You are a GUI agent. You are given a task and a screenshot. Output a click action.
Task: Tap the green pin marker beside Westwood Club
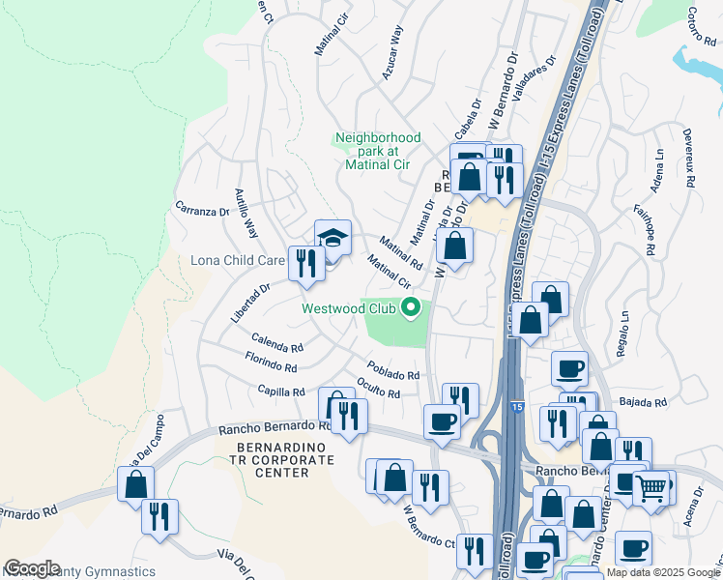[411, 308]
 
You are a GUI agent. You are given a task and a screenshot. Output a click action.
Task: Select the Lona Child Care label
[238, 260]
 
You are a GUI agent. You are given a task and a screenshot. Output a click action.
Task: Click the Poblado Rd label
[393, 371]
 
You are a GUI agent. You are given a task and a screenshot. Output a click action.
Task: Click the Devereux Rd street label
[689, 159]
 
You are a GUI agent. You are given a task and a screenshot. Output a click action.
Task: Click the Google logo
[32, 568]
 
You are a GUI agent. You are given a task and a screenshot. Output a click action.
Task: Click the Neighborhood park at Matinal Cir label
[378, 151]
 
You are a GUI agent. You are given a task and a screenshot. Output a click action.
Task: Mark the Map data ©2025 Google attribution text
[663, 572]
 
